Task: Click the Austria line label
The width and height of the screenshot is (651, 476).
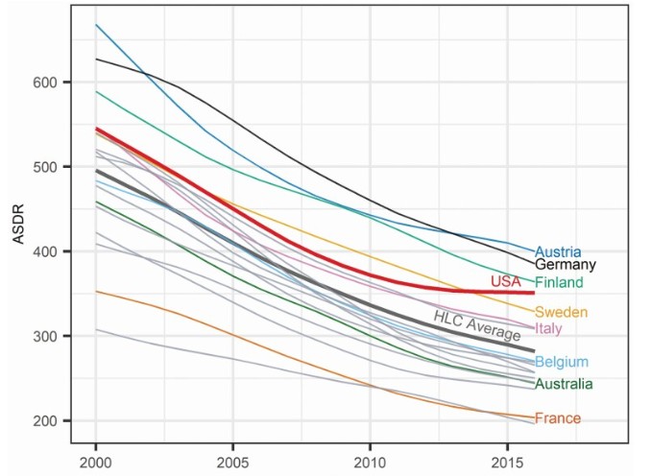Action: pyautogui.click(x=558, y=253)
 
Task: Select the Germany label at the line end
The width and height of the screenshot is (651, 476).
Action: pyautogui.click(x=566, y=265)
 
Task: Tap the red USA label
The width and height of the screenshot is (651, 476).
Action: pyautogui.click(x=505, y=281)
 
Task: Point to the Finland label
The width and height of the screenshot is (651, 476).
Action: pyautogui.click(x=561, y=283)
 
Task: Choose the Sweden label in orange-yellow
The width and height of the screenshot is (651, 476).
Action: pyautogui.click(x=561, y=312)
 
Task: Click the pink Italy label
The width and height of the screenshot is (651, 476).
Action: pyautogui.click(x=548, y=328)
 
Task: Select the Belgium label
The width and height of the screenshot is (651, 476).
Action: pyautogui.click(x=562, y=362)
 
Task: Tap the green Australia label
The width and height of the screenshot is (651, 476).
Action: pyautogui.click(x=564, y=384)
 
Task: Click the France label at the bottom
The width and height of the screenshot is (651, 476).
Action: pyautogui.click(x=557, y=418)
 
